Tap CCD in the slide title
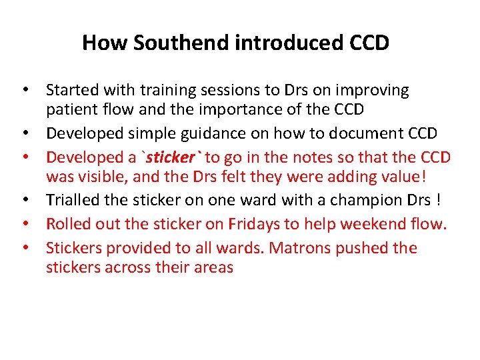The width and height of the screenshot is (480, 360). pyautogui.click(x=369, y=43)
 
